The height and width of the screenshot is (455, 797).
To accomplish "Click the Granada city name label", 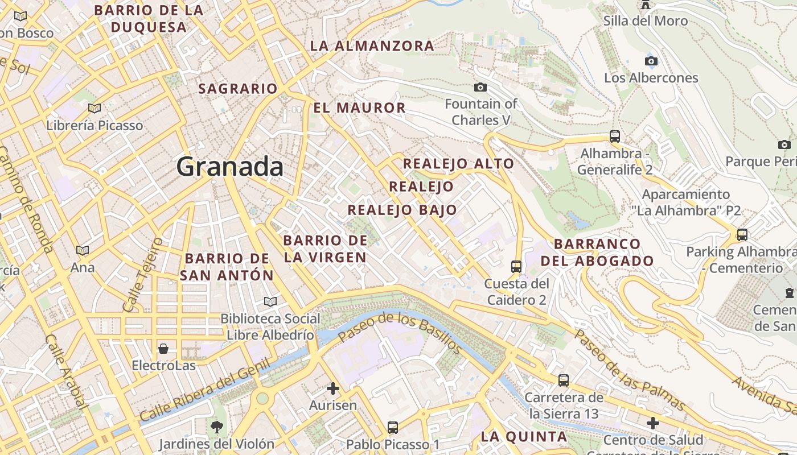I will coord(229,167).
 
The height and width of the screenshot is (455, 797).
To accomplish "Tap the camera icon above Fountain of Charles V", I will coord(480,87).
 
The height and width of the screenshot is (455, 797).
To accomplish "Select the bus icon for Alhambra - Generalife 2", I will coord(615,136).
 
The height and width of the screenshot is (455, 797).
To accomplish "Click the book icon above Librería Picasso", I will coord(95,108).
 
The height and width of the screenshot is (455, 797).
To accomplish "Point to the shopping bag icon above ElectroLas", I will coord(163,348).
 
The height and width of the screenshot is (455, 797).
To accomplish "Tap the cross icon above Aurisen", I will coord(333,389).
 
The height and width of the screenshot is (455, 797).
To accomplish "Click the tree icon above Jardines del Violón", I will coord(216,427).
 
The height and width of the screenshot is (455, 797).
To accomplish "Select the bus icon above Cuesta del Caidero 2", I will coord(516,266).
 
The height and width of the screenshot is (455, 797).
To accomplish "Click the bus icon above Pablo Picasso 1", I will coord(393,427).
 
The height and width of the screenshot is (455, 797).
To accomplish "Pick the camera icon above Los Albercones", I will coord(651,61).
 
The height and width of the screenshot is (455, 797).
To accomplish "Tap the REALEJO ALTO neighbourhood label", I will coord(458,164).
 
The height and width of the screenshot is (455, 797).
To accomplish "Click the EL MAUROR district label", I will coord(359,107).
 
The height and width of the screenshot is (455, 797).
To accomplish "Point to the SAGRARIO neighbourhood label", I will coord(238,89).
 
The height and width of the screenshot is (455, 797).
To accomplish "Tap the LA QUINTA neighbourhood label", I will coord(524,437).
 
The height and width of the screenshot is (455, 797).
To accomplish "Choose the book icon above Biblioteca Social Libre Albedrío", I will coord(270,301).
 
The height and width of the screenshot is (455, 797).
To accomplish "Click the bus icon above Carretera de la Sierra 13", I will coord(564,380).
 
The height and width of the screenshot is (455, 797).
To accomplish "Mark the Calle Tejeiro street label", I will coord(143,275).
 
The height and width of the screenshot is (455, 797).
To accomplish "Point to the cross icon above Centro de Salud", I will coord(653,423).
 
